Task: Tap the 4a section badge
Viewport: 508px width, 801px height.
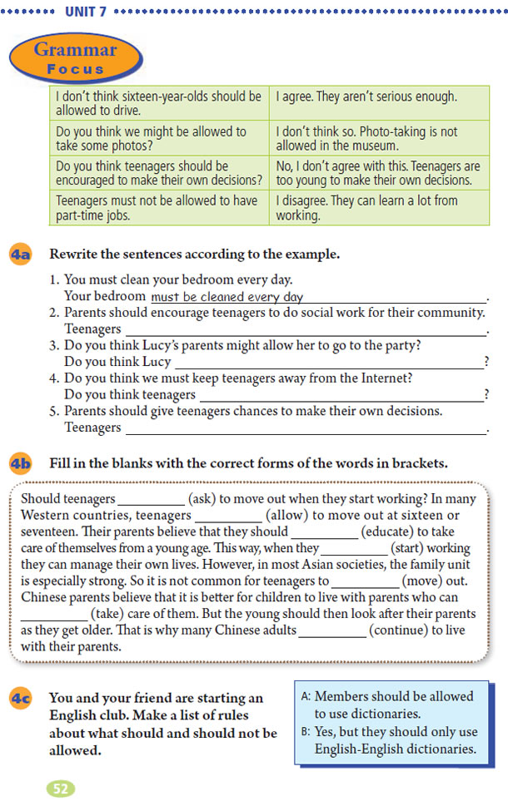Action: tap(21, 255)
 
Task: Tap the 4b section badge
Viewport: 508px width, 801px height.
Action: tap(21, 464)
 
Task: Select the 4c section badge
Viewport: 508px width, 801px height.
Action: tap(21, 699)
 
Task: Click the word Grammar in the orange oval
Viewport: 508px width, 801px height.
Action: tap(76, 51)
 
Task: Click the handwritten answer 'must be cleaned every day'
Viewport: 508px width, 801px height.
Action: tap(227, 297)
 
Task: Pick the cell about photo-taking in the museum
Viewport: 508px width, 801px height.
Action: tap(378, 138)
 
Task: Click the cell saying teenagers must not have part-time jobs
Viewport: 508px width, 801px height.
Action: tap(159, 207)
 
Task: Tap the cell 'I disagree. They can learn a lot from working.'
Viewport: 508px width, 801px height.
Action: tap(378, 207)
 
